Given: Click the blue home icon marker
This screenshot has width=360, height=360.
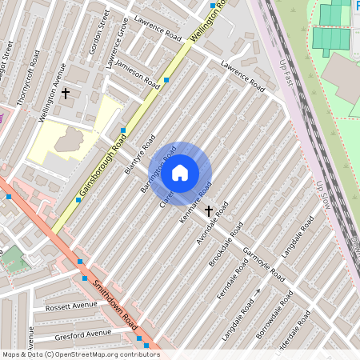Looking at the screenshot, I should [x=180, y=171].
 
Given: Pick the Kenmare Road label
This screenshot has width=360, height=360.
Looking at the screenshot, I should [x=196, y=202].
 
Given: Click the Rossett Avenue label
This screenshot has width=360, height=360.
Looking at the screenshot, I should [x=73, y=306].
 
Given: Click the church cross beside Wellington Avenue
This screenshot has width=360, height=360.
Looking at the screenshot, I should [x=66, y=94].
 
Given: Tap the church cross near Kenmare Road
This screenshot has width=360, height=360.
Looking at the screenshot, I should [x=209, y=210].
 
